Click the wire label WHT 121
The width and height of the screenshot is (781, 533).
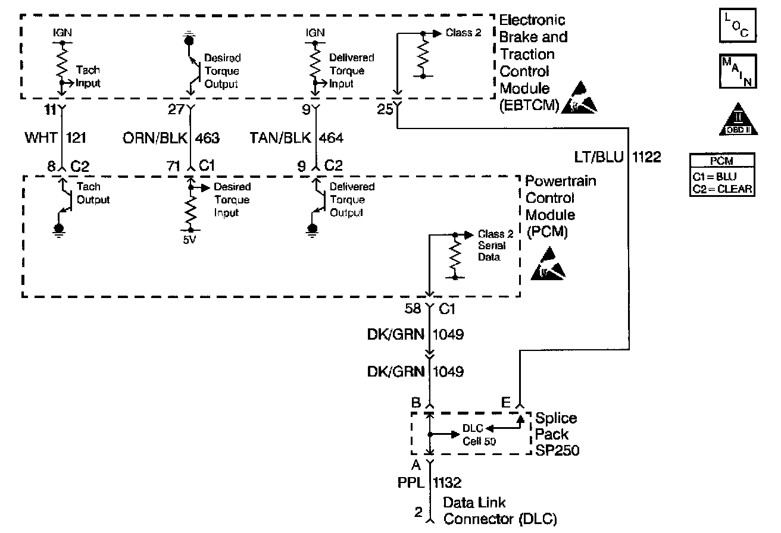[55, 139]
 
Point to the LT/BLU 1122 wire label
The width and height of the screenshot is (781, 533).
[616, 158]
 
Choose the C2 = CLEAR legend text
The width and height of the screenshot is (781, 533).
[722, 189]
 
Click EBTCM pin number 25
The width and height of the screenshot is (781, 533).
[384, 109]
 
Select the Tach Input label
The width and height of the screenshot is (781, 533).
[88, 77]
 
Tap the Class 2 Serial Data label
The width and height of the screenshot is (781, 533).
[491, 245]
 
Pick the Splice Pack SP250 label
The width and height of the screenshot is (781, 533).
[557, 434]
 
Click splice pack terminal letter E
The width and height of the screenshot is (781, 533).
[505, 403]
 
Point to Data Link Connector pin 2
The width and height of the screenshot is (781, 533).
[418, 511]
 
